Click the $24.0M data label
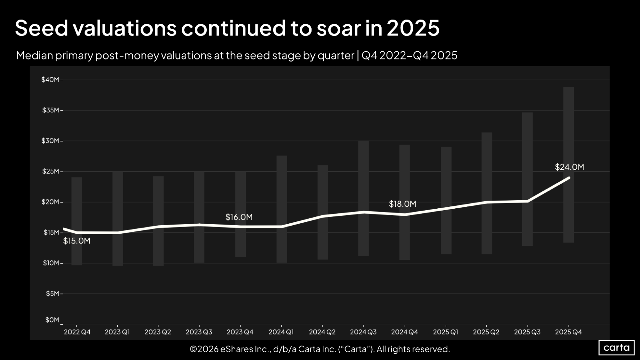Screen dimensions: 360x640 (x=569, y=167)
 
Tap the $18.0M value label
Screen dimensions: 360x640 (x=402, y=204)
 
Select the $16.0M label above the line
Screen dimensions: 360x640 (x=239, y=217)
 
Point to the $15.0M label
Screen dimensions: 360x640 (x=77, y=241)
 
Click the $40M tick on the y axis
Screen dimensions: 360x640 (x=50, y=80)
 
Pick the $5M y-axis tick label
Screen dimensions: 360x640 (x=52, y=293)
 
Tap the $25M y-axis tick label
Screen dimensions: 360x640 (x=51, y=172)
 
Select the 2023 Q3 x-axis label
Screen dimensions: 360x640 (x=199, y=332)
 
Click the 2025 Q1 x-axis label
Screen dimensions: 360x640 (x=445, y=332)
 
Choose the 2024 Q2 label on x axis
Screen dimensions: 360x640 (x=322, y=332)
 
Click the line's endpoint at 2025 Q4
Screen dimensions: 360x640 (x=569, y=178)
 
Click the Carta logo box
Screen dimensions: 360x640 (x=616, y=348)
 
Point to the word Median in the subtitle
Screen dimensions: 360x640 (x=34, y=56)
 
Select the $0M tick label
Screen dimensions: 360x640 (x=52, y=320)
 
